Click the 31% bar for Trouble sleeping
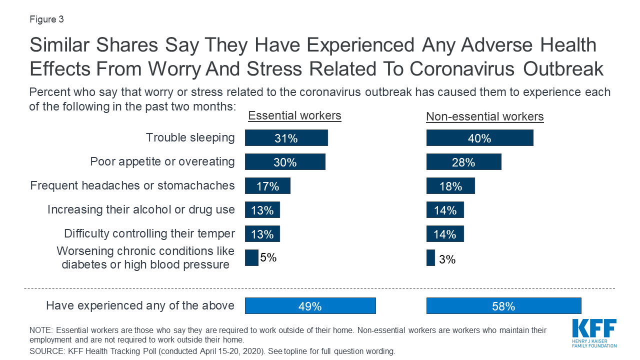(286, 138)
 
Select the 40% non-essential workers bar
(479, 138)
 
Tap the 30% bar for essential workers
(285, 162)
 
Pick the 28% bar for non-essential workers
(463, 162)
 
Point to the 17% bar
(267, 186)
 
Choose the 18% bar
(450, 186)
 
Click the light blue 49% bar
(310, 306)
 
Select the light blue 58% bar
(503, 306)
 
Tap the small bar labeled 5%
(251, 258)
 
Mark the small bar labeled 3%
(430, 258)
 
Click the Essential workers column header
(294, 116)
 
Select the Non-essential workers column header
(484, 117)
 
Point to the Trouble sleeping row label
(190, 137)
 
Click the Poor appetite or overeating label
(162, 161)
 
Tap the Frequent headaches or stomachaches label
(132, 185)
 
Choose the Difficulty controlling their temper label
(149, 233)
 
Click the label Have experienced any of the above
(140, 305)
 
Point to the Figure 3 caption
(46, 20)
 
